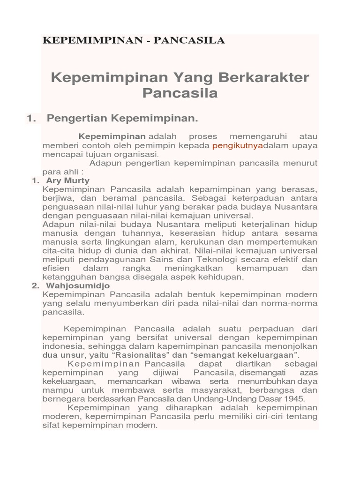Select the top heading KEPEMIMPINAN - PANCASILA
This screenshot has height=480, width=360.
tap(134, 41)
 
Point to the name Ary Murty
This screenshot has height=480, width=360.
tap(68, 180)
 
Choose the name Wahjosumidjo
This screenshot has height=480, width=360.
tap(78, 285)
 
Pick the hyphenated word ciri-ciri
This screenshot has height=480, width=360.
tap(269, 417)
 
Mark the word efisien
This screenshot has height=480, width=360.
tap(55, 268)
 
